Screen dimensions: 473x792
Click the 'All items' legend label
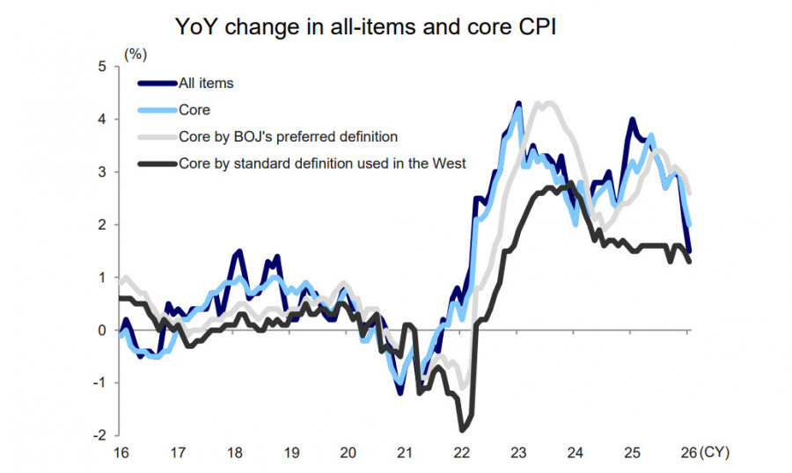click(205, 84)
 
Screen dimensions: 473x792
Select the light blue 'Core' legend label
click(194, 110)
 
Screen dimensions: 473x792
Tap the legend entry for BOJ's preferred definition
click(288, 136)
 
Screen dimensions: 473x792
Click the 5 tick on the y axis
click(102, 66)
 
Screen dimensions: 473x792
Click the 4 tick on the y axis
click(102, 119)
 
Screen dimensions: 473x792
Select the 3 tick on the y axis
click(102, 171)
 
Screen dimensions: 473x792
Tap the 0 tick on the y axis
click(102, 330)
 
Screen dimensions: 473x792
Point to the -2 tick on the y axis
click(99, 435)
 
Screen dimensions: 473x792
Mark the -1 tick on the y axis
click(99, 382)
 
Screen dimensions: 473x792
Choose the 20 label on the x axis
click(348, 453)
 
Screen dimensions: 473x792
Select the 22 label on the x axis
click(461, 453)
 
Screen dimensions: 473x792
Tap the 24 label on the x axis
click(575, 453)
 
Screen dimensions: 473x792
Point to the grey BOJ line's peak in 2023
click(548, 104)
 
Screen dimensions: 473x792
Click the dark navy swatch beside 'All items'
click(157, 84)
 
